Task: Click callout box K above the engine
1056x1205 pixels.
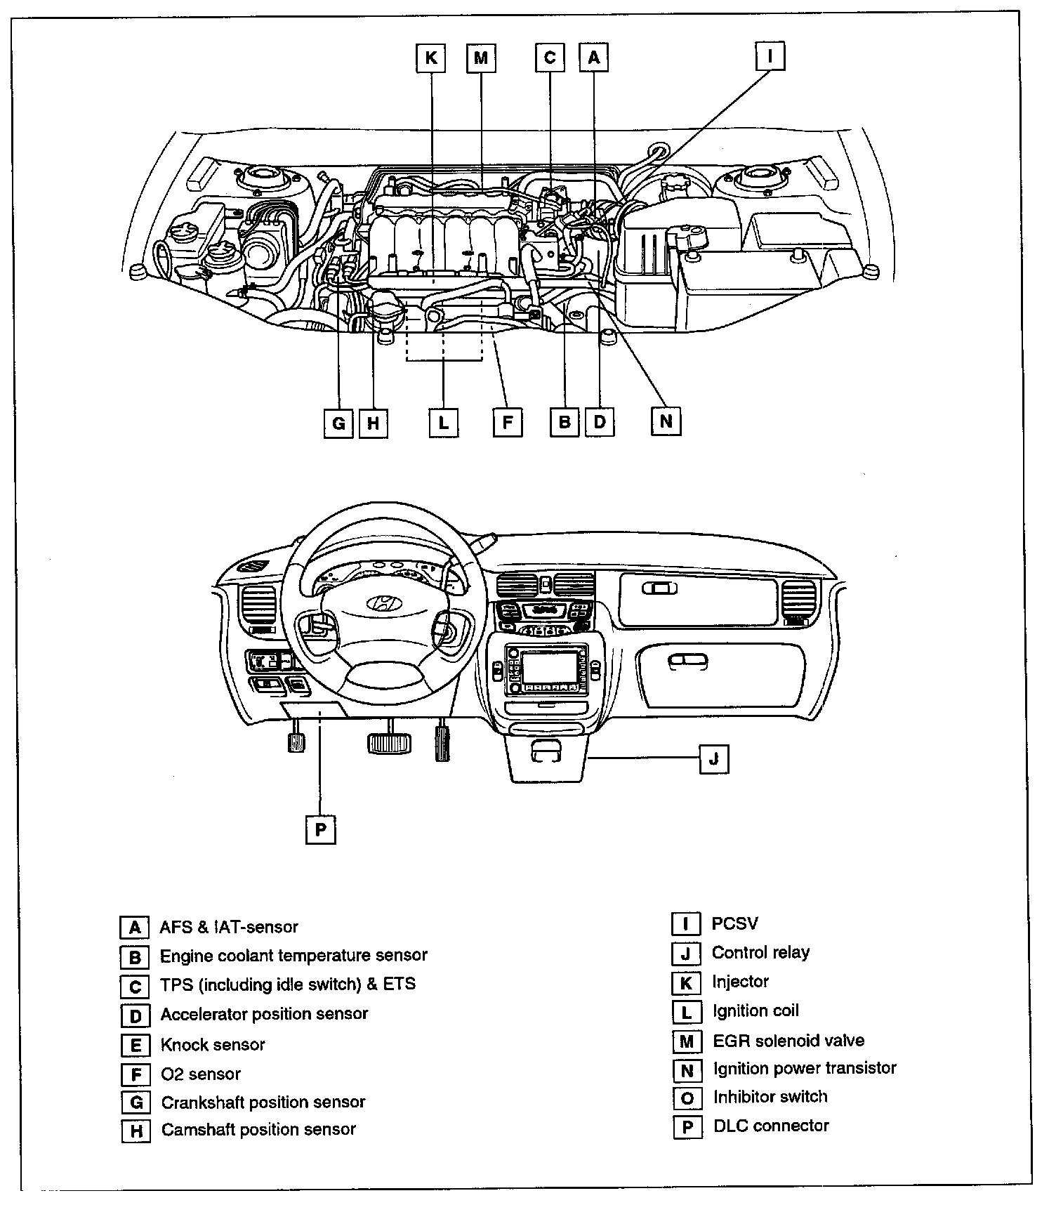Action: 430,58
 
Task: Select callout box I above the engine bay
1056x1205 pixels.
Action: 770,56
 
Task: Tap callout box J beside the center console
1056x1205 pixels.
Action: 714,759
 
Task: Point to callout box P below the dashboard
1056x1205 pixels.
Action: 321,829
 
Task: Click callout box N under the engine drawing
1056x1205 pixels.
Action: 666,421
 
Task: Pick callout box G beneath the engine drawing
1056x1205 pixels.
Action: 338,423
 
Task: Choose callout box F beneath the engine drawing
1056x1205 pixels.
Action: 507,423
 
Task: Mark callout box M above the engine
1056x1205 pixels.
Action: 481,58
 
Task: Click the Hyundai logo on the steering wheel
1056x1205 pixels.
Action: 383,602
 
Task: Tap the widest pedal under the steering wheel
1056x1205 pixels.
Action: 388,742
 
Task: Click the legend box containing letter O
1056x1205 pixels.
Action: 687,1098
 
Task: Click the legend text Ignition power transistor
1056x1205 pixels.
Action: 805,1068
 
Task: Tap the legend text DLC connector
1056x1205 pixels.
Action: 771,1126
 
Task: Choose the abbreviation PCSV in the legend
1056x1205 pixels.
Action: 734,923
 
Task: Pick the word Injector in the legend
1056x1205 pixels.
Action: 740,982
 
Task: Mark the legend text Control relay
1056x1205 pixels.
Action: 760,953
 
